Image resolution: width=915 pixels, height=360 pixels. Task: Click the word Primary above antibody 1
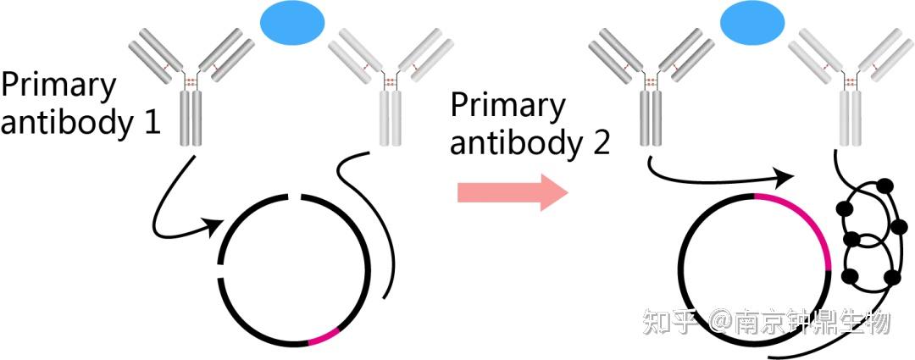click(58, 86)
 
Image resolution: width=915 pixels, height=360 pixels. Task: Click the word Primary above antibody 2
click(507, 107)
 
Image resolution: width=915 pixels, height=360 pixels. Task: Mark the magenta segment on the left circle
click(324, 338)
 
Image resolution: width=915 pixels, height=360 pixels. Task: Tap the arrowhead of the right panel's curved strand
click(785, 176)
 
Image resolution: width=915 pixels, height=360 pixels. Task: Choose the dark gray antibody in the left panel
click(193, 85)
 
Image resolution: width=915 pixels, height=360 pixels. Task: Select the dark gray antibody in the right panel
click(650, 85)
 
